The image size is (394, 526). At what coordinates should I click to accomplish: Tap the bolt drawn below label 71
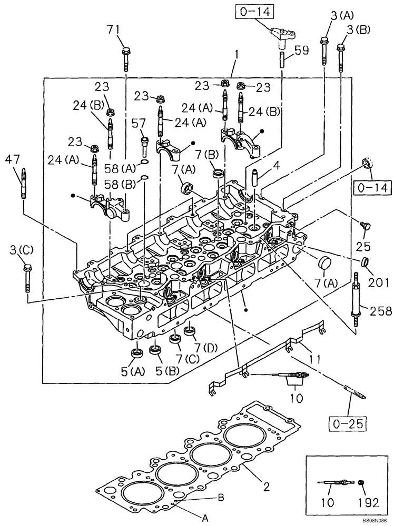coord(126,58)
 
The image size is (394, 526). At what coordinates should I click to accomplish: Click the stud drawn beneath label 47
coord(24,183)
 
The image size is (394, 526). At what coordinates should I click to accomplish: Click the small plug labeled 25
coord(363,226)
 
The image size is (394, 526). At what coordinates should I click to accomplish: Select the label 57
coord(138,123)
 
